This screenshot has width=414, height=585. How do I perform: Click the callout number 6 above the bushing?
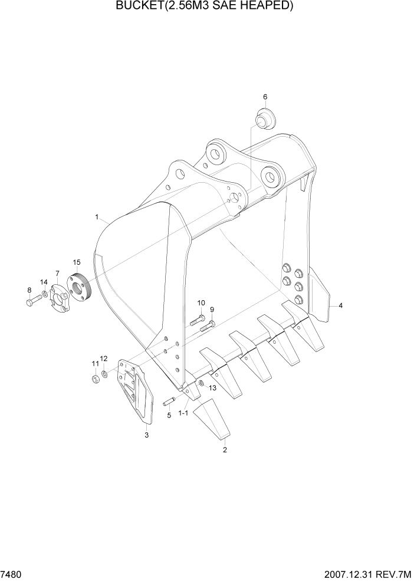[x=265, y=96]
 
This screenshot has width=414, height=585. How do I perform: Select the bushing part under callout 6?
[x=264, y=118]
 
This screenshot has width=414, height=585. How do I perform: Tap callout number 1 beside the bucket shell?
[x=96, y=217]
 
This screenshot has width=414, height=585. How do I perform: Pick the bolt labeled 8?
[x=32, y=301]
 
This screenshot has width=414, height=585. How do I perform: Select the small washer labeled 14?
[x=45, y=294]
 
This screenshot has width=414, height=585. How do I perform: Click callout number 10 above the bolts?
[x=201, y=303]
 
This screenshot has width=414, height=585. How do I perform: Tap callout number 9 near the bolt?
[x=212, y=310]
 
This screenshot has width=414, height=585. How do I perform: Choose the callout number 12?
[x=103, y=358]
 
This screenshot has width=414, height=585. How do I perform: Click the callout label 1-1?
[x=183, y=414]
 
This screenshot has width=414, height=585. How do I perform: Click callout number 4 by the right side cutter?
[x=340, y=305]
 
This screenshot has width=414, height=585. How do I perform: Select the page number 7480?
[x=11, y=575]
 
